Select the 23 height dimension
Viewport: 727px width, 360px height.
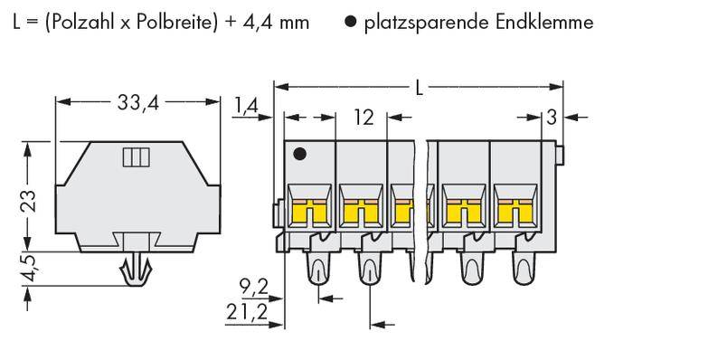[29, 199]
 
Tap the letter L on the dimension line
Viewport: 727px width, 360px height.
[420, 88]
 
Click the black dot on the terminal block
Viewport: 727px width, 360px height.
[301, 155]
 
